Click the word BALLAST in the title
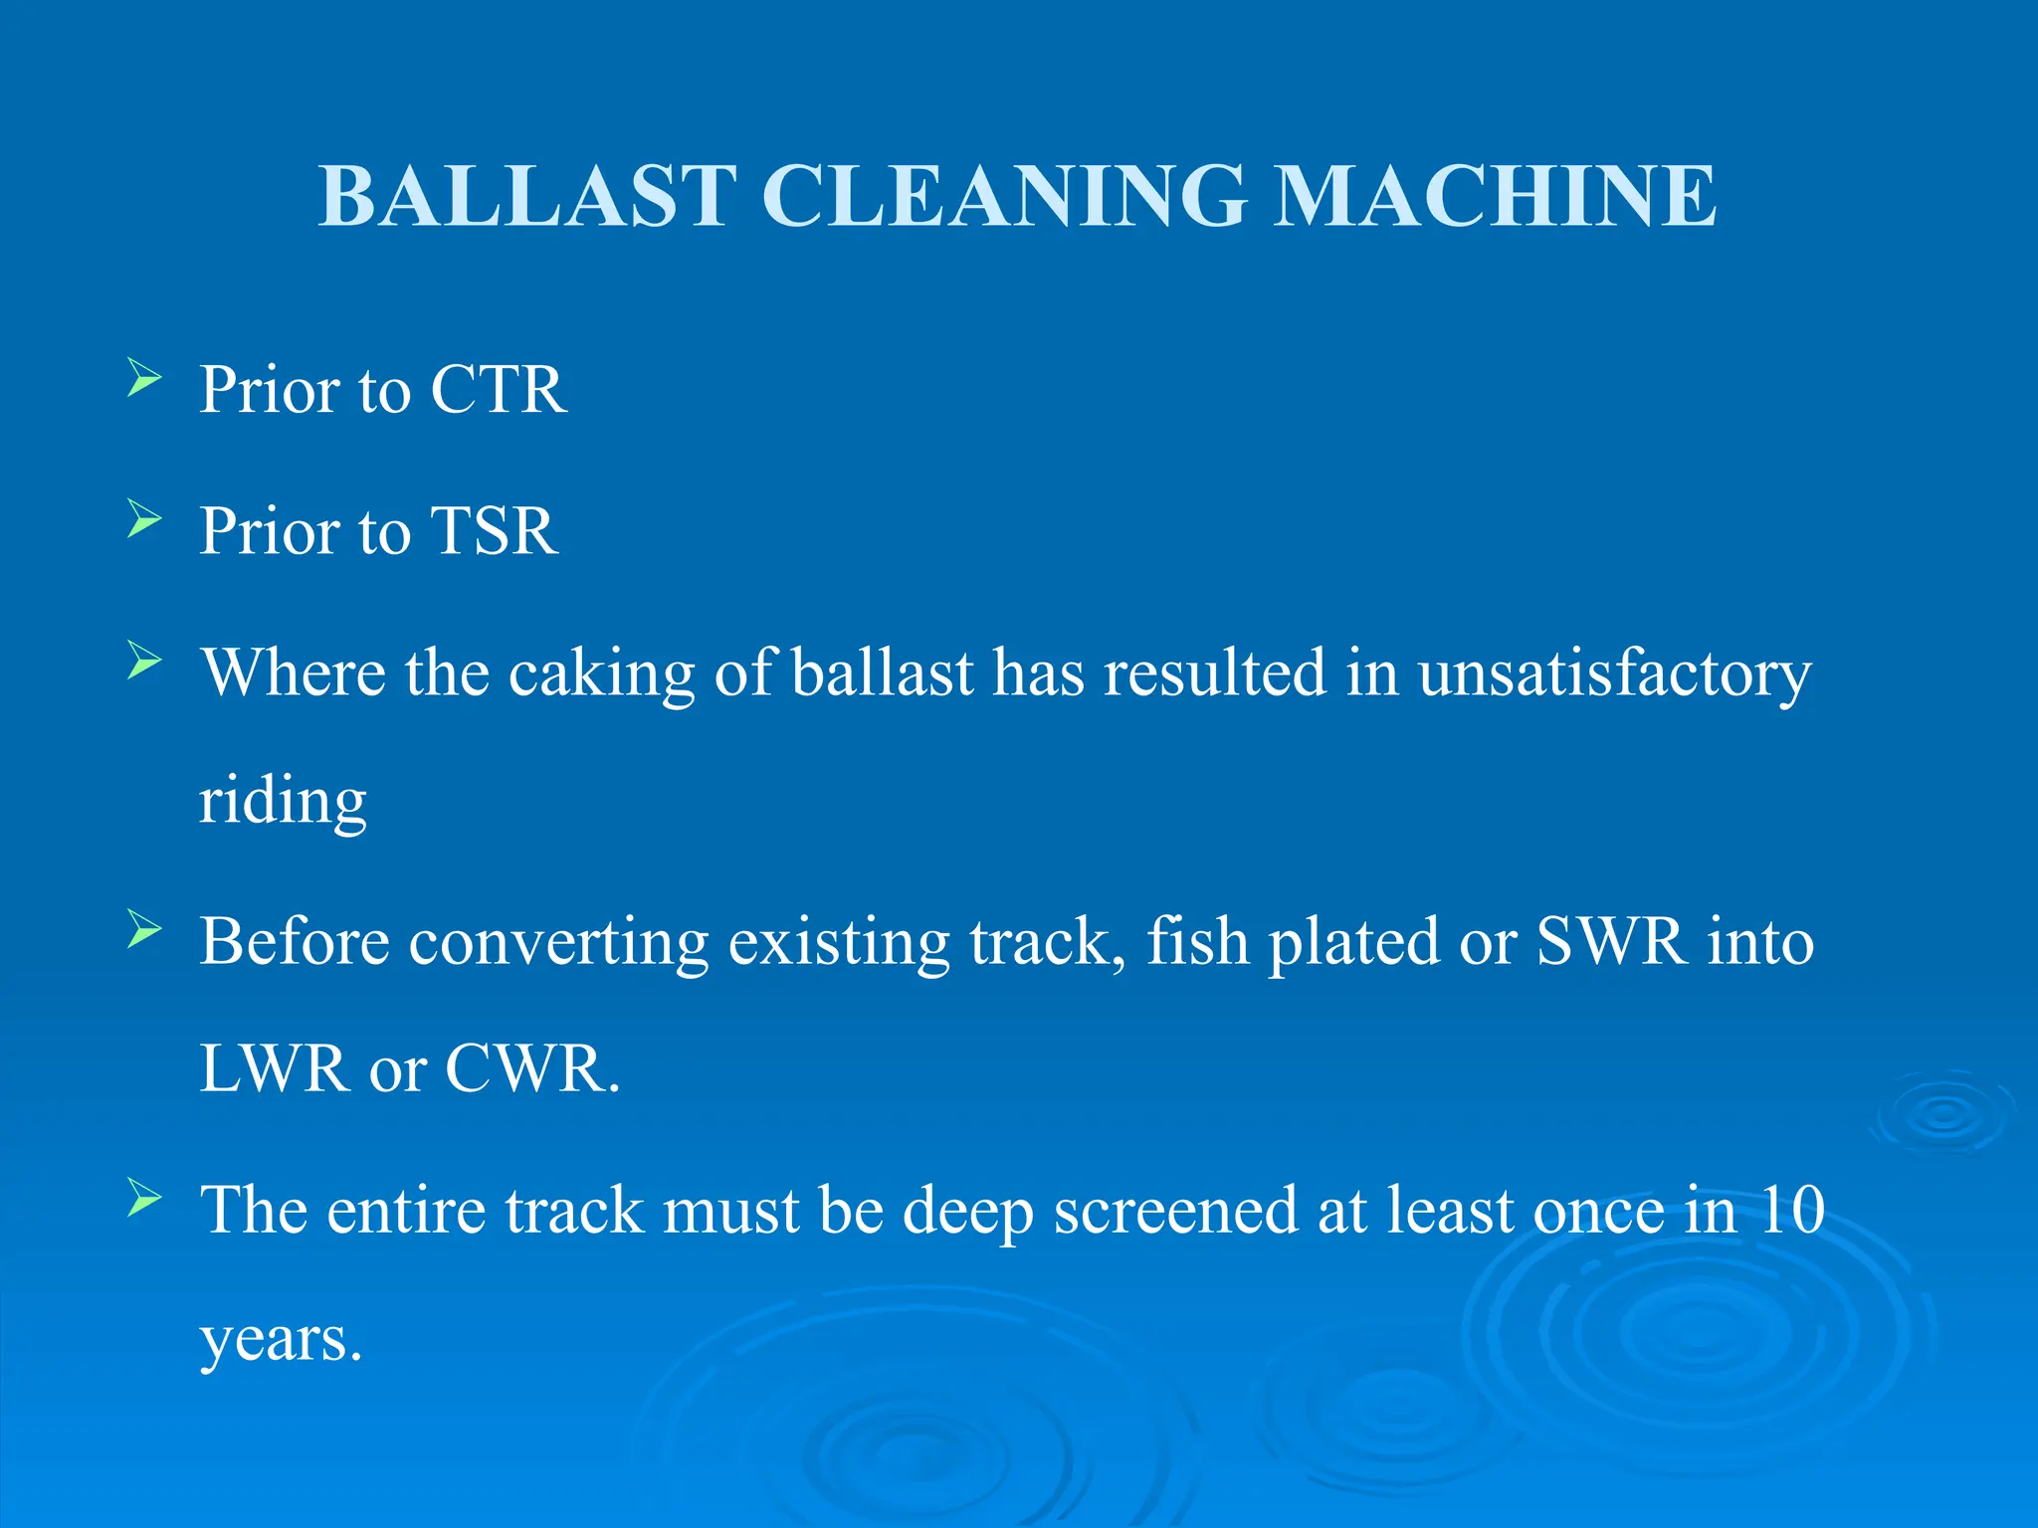pyautogui.click(x=527, y=196)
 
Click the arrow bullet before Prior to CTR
pyautogui.click(x=144, y=379)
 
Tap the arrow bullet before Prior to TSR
pyautogui.click(x=144, y=520)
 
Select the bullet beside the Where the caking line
pyautogui.click(x=144, y=662)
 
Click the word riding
pyautogui.click(x=283, y=801)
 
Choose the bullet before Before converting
pyautogui.click(x=144, y=931)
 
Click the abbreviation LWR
pyautogui.click(x=274, y=1069)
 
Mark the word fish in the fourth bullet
pyautogui.click(x=1197, y=941)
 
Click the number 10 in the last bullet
pyautogui.click(x=1791, y=1211)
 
